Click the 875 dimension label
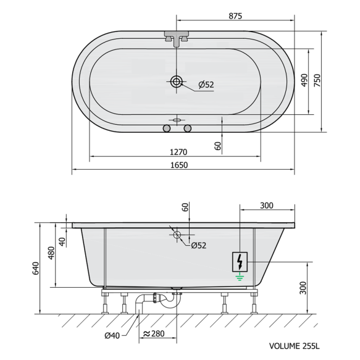pyautogui.click(x=235, y=16)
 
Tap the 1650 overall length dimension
pyautogui.click(x=179, y=165)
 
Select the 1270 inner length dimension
pyautogui.click(x=178, y=152)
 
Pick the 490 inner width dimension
pyautogui.click(x=304, y=80)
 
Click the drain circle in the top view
pyautogui.click(x=177, y=82)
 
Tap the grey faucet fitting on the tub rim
pyautogui.click(x=177, y=38)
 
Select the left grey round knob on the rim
pyautogui.click(x=167, y=128)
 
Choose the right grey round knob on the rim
pyautogui.click(x=188, y=128)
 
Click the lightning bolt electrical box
pyautogui.click(x=240, y=262)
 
